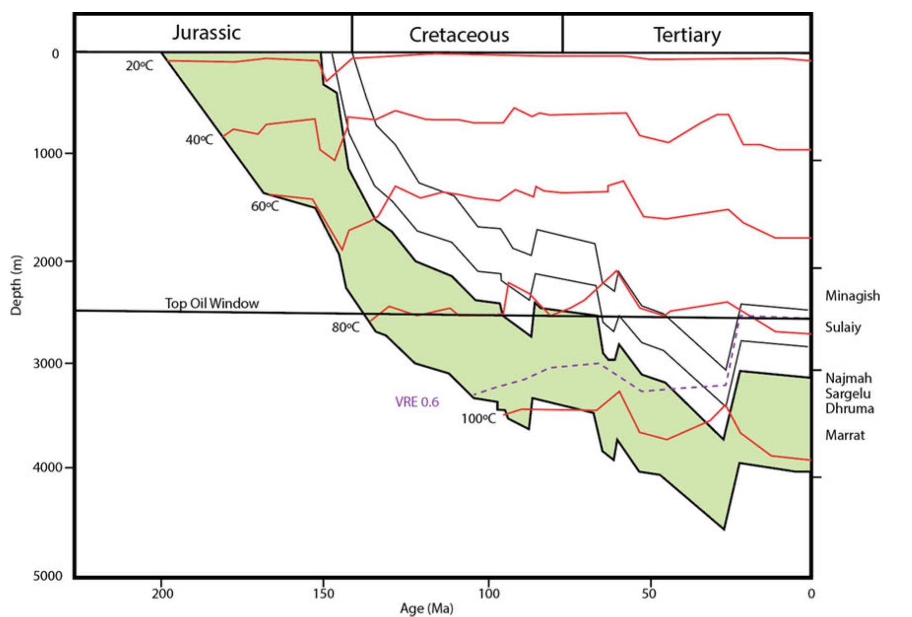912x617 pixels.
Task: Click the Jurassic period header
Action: (206, 32)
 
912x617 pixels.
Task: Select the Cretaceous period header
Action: (459, 35)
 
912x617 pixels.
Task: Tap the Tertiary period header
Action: (687, 35)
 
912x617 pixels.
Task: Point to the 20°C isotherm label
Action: (139, 66)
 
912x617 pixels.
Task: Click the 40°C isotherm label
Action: (199, 140)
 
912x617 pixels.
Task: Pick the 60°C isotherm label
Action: (265, 206)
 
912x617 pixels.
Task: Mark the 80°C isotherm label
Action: (346, 327)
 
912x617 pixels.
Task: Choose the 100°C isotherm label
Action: (478, 419)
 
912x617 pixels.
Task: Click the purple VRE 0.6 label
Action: (417, 402)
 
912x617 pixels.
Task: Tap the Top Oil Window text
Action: (212, 303)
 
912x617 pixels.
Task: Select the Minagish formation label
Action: (852, 296)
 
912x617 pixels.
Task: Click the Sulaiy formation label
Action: (843, 327)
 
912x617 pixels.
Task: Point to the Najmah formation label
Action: (849, 378)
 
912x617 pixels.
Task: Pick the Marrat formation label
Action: (845, 435)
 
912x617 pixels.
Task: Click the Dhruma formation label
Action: (849, 409)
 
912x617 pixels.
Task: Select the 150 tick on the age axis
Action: (323, 593)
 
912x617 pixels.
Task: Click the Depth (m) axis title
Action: (16, 285)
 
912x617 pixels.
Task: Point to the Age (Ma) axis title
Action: (426, 609)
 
